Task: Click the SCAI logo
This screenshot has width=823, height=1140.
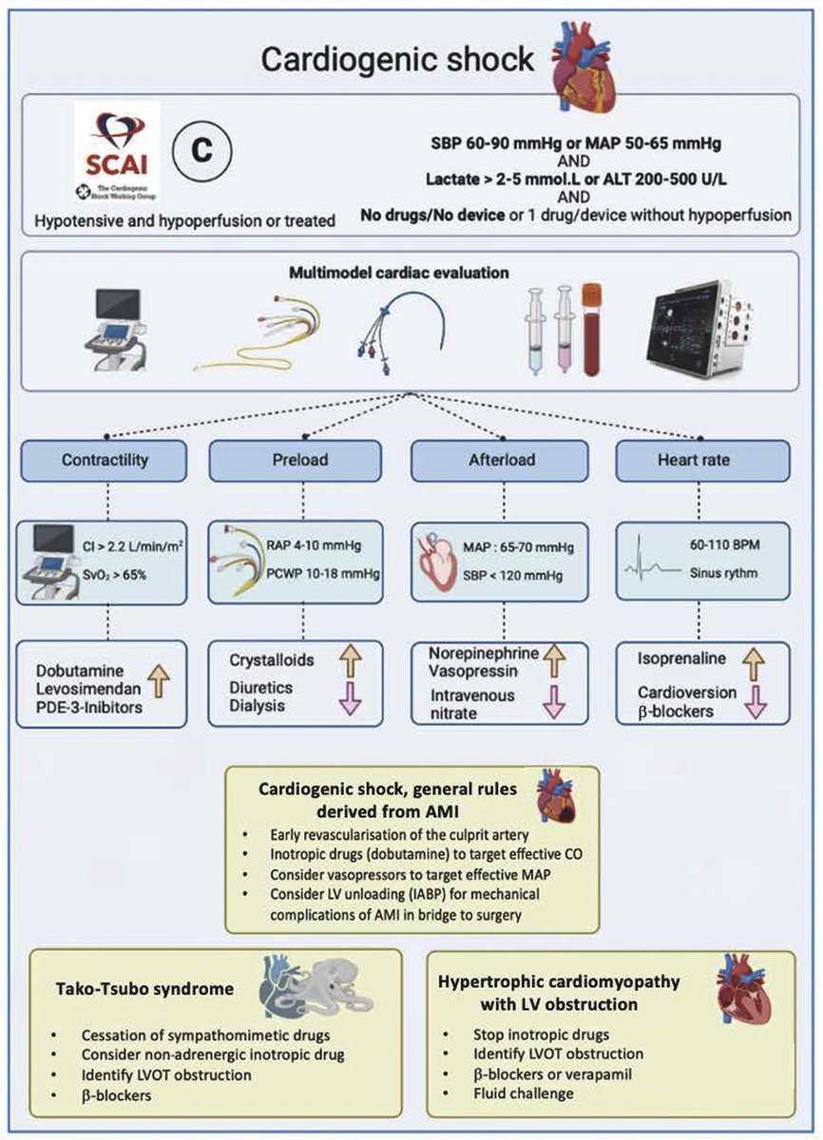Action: coord(117,151)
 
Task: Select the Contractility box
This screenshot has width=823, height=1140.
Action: coord(105,460)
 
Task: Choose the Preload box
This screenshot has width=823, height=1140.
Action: coord(303,460)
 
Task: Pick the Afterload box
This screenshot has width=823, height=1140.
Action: coord(501,460)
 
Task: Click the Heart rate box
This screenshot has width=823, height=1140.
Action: coord(701,460)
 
